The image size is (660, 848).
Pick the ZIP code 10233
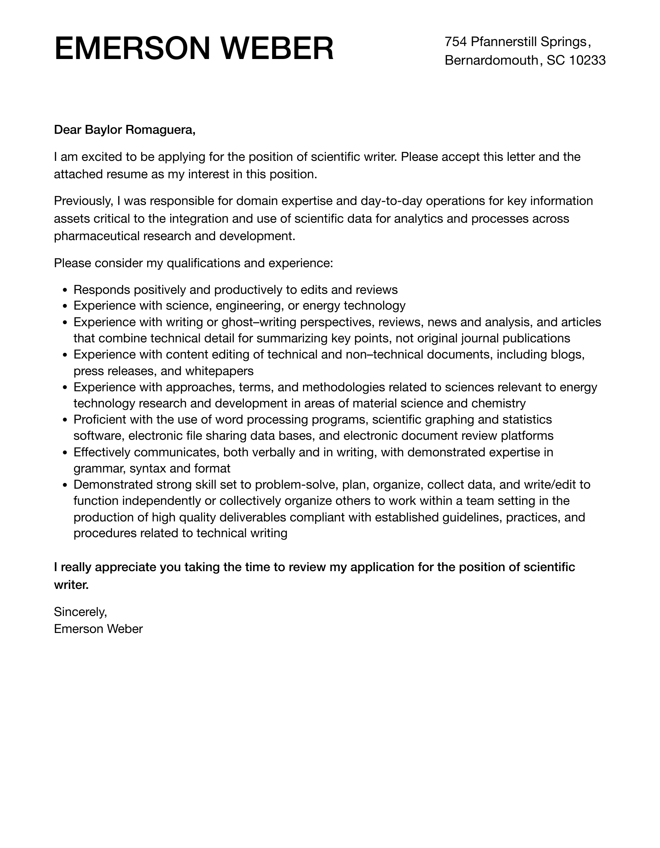587,60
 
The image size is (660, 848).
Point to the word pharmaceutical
97,236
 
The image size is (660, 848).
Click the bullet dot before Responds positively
66,290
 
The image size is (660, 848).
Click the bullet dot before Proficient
66,420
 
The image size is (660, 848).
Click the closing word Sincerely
80,612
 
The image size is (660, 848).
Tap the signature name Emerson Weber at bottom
98,629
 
